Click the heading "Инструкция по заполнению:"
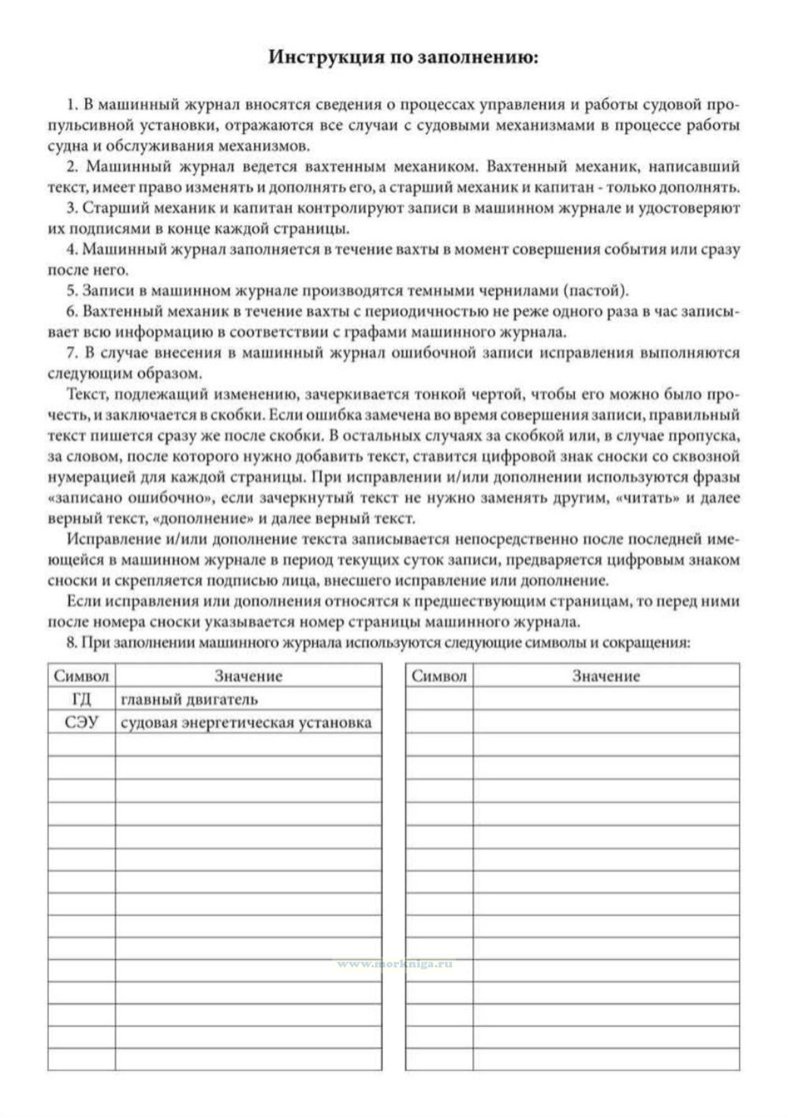pyautogui.click(x=403, y=57)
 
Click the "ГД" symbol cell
pyautogui.click(x=81, y=699)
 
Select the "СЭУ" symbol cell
pyautogui.click(x=81, y=722)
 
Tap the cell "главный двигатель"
pyautogui.click(x=189, y=699)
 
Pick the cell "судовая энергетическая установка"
pyautogui.click(x=246, y=722)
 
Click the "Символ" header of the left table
pyautogui.click(x=81, y=676)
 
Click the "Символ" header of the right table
pyautogui.click(x=439, y=676)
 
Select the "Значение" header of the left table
pyautogui.click(x=248, y=676)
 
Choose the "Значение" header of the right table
pyautogui.click(x=606, y=676)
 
